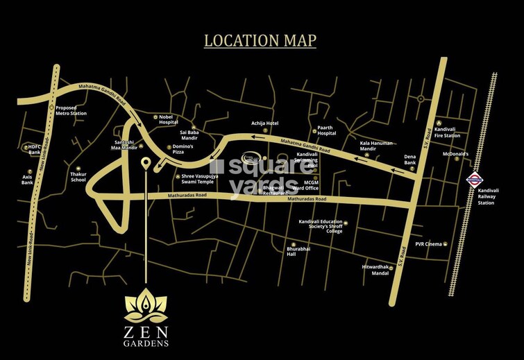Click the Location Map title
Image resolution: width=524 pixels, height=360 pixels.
coord(260,40)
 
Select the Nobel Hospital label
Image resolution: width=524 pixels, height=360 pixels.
coord(170,120)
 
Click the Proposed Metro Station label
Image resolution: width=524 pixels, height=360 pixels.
coord(71,111)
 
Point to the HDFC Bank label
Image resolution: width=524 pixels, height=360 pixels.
coord(34,150)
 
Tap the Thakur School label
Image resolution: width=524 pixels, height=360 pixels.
coord(78,177)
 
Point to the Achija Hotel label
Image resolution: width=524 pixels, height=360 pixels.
coord(264,124)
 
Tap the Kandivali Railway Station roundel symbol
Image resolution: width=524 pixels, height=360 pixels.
coord(475,179)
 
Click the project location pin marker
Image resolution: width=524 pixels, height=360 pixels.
coord(145,164)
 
